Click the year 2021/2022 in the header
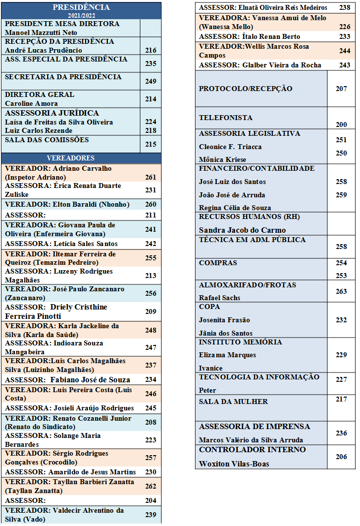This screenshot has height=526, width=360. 81,15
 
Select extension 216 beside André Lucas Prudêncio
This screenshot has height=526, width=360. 151,50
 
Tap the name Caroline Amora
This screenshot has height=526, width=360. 32,103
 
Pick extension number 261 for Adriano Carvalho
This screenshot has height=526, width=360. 151,177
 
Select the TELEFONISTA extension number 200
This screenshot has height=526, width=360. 341,125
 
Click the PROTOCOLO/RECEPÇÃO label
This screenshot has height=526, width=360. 245,89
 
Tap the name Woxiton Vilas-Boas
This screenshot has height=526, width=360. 234,464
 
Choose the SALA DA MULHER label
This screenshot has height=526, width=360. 233,402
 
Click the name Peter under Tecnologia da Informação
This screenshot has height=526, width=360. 207,390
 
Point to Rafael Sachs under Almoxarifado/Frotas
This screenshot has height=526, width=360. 220,298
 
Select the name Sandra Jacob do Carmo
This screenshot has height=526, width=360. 242,230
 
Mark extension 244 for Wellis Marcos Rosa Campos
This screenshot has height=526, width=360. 345,51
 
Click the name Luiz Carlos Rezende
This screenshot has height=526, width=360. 38,130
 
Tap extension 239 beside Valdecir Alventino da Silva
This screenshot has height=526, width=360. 151,515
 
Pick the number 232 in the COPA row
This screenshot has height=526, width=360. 341,320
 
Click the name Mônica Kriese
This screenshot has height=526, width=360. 222,159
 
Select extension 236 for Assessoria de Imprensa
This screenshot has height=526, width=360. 341,433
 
